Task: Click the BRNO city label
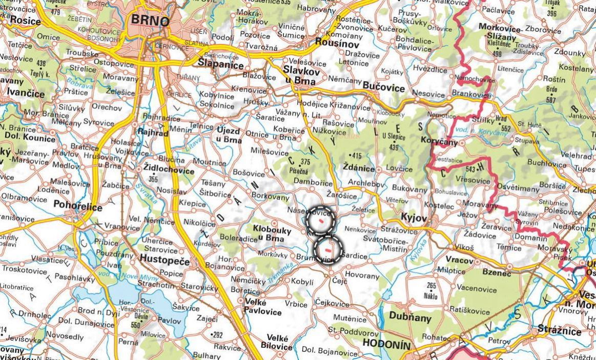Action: (x=150, y=20)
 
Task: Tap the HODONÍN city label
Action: (x=386, y=345)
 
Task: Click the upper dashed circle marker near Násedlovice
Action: (x=321, y=221)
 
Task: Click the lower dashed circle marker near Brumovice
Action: (x=327, y=249)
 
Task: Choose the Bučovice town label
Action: (x=383, y=88)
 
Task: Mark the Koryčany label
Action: (x=438, y=143)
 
